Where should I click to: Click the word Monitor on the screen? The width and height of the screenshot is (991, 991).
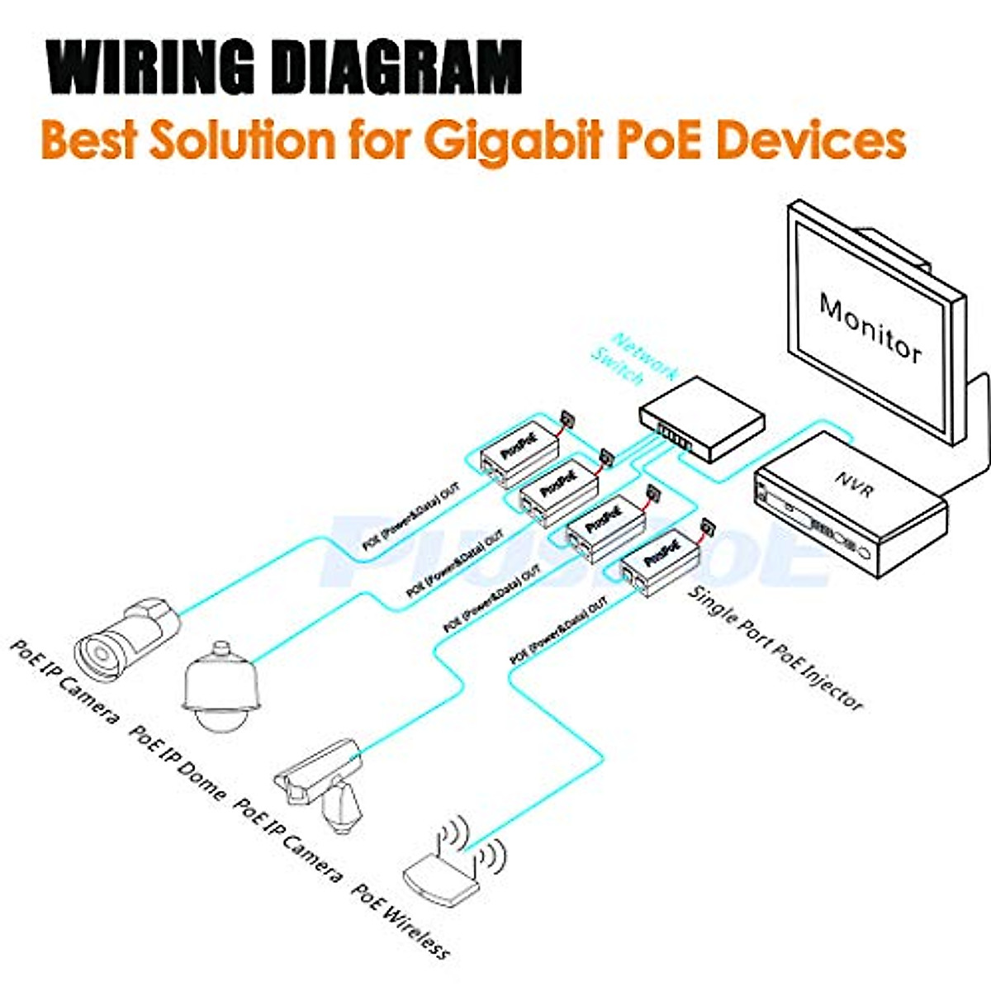click(x=870, y=326)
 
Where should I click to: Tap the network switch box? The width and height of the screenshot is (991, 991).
click(x=702, y=417)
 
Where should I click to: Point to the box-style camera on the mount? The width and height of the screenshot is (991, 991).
click(x=318, y=772)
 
